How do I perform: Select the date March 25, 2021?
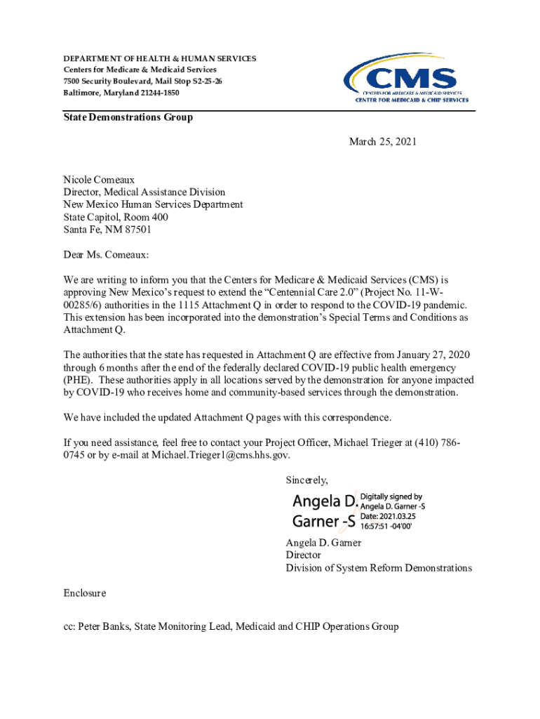pyautogui.click(x=383, y=142)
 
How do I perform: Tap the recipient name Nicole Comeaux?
pyautogui.click(x=99, y=180)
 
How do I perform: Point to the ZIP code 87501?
pyautogui.click(x=137, y=230)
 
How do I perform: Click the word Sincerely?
pyautogui.click(x=306, y=480)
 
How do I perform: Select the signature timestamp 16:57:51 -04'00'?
pyautogui.click(x=386, y=525)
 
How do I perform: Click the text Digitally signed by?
pyautogui.click(x=391, y=496)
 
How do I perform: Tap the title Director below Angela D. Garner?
pyautogui.click(x=303, y=555)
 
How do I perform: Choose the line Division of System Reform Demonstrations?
pyautogui.click(x=379, y=567)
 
